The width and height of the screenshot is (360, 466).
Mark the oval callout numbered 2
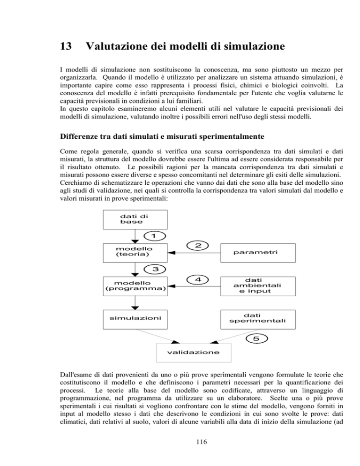click(x=198, y=245)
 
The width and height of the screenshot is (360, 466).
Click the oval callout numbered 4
click(x=198, y=279)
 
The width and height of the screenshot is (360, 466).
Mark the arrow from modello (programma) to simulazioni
click(x=135, y=302)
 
